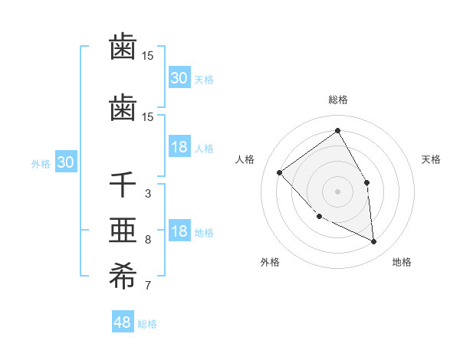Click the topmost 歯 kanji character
pos(123,47)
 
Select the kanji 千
pos(123,185)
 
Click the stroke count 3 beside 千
pos(147,193)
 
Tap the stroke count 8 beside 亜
pos(147,240)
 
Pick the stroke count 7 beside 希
pos(147,286)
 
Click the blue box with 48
pos(123,322)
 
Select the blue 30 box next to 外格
pos(65,162)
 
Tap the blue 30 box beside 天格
pos(179,78)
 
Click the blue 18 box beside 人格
pos(179,148)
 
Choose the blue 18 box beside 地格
pos(179,232)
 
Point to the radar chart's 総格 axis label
pos(337,100)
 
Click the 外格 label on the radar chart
pos(270,262)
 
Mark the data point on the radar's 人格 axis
pos(280,172)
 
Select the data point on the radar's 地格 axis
pos(373,242)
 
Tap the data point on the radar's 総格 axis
pos(337,130)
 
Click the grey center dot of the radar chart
pos(337,191)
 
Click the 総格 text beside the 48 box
pos(147,324)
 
